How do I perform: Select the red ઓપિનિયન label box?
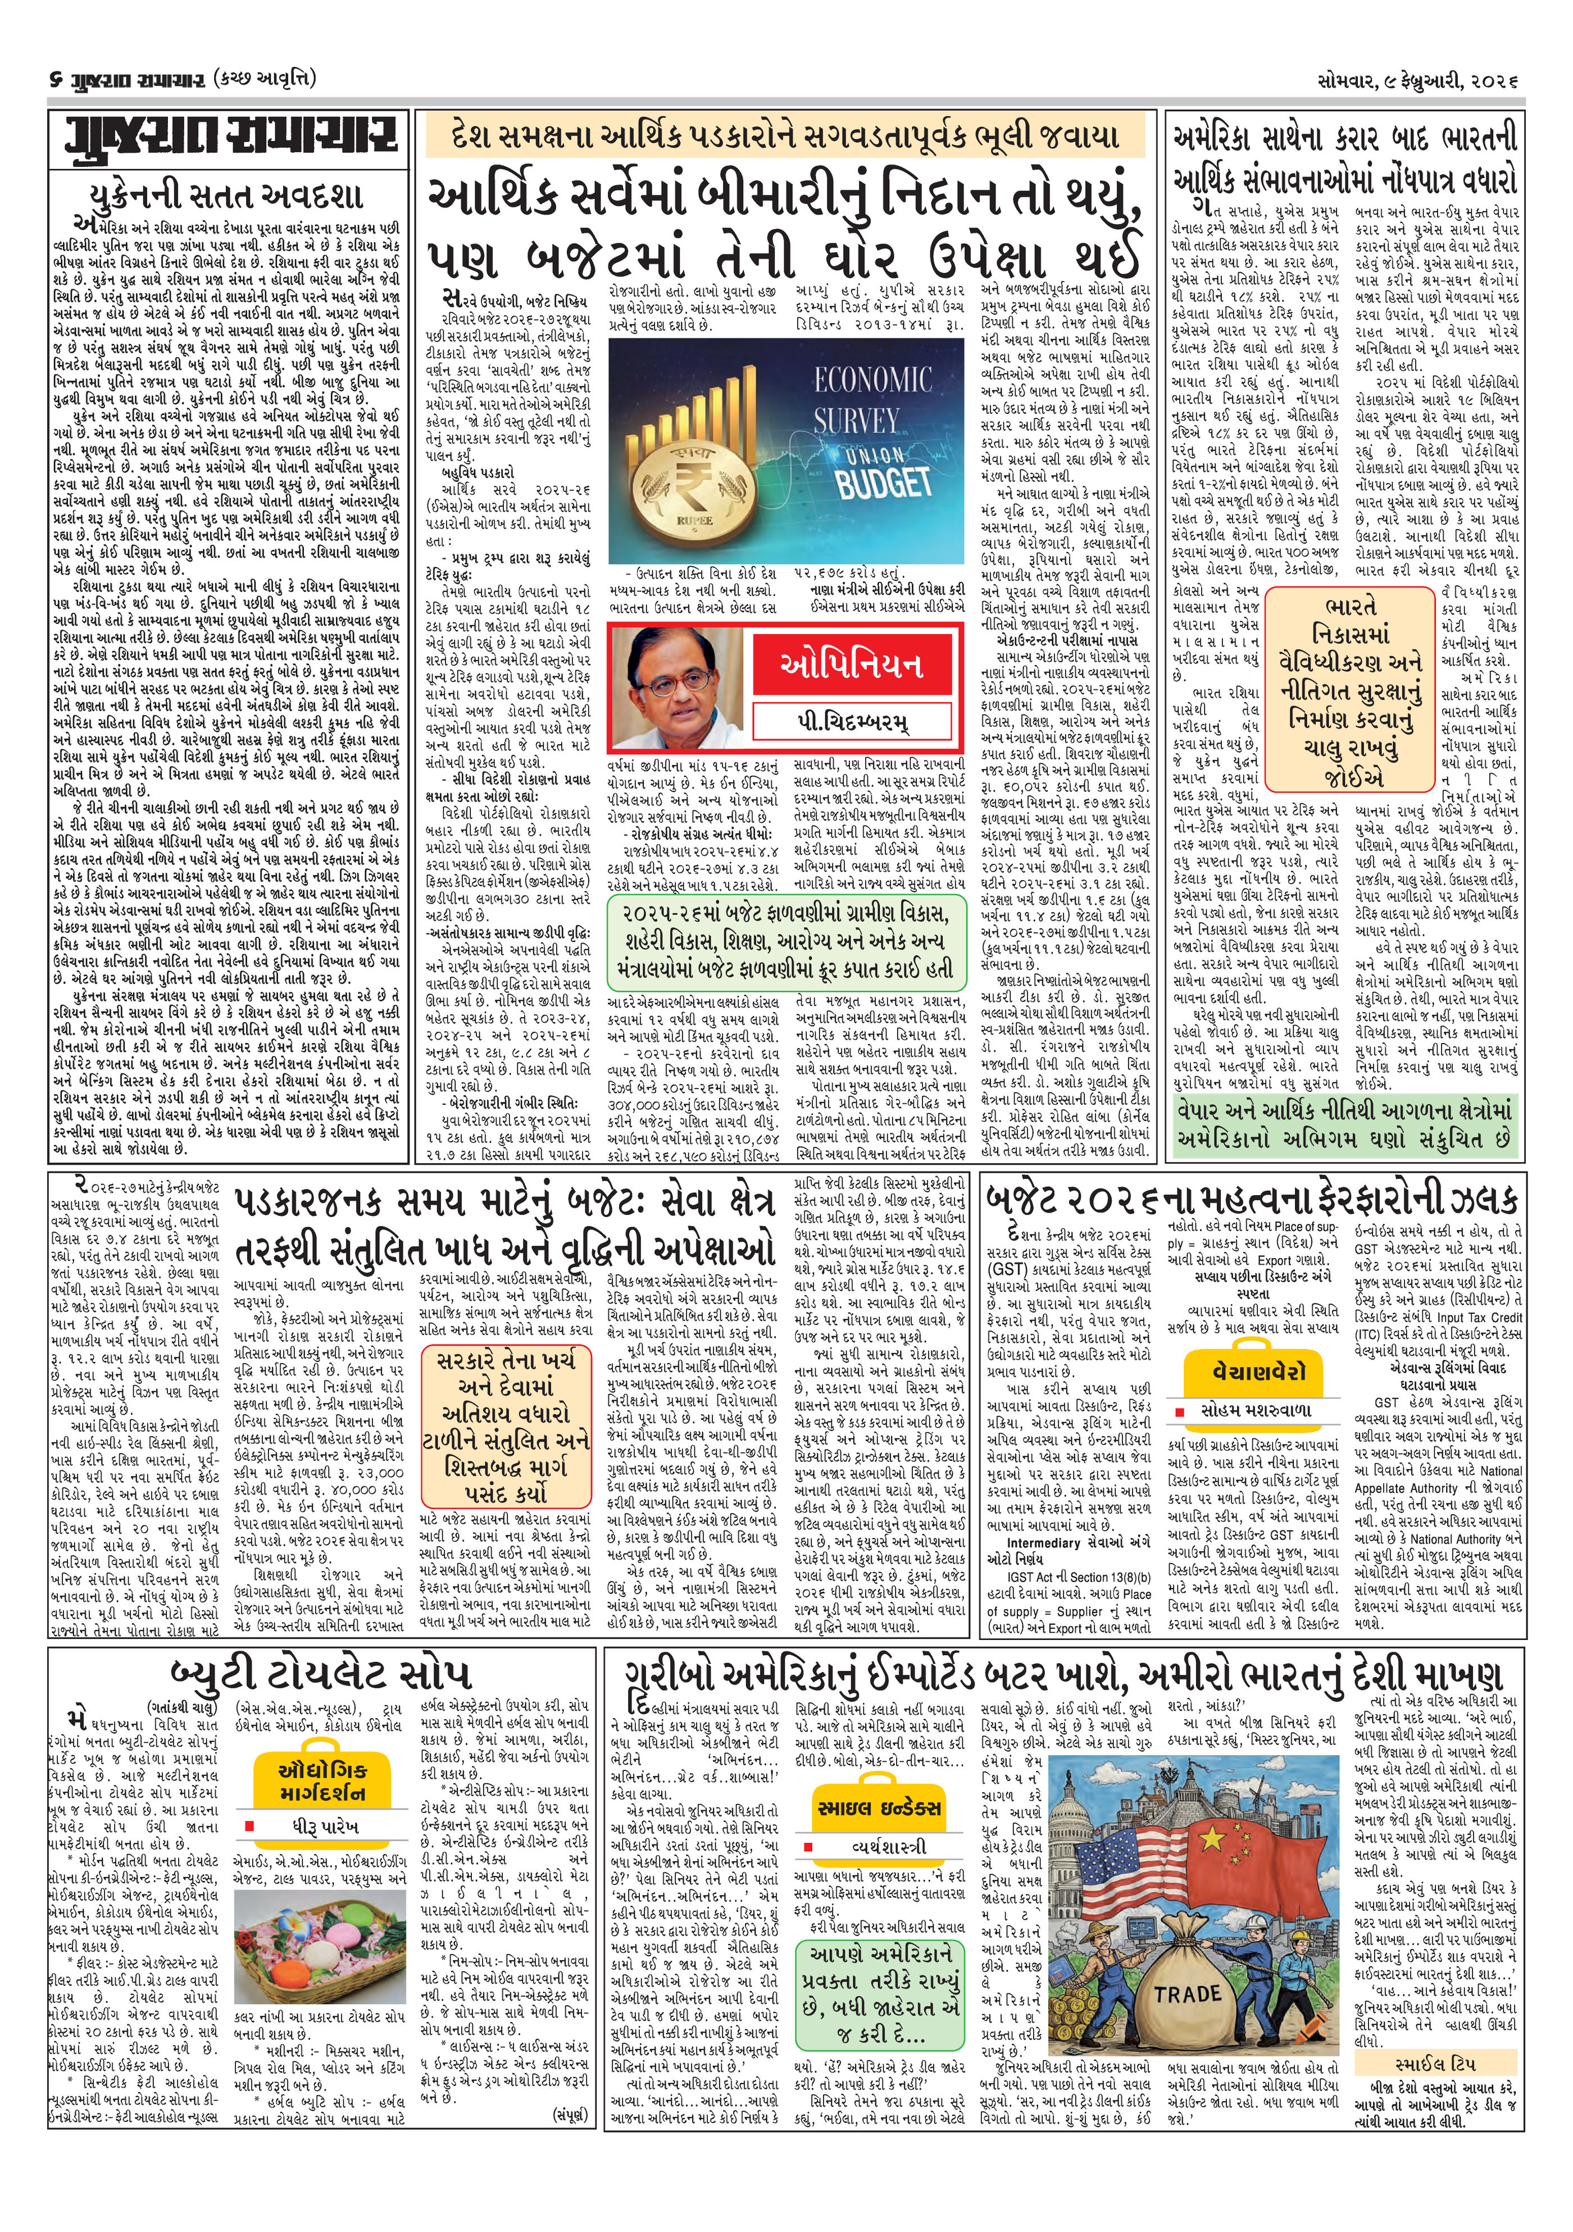pos(852,666)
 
